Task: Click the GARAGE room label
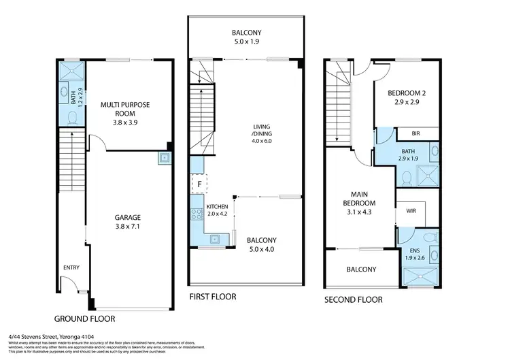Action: (129, 218)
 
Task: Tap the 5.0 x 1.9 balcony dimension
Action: (245, 40)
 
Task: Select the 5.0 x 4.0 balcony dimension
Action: (262, 249)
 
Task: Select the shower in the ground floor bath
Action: (69, 72)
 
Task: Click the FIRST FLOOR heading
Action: (214, 297)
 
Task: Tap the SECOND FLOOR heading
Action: (353, 299)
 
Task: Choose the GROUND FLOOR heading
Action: (84, 318)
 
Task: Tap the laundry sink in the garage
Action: (164, 158)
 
